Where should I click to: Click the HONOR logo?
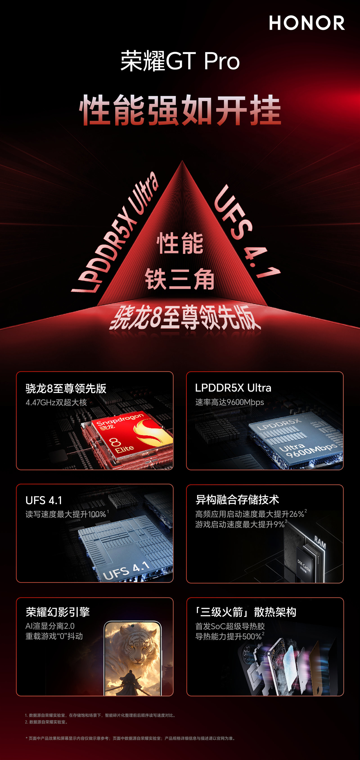pos(307,23)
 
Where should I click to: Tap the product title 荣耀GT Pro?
pos(180,61)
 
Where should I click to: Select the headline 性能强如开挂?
pos(180,110)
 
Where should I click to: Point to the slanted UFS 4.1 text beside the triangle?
pos(246,231)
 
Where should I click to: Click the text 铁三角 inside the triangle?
pos(180,279)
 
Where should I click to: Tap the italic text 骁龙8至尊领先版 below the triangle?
pos(185,318)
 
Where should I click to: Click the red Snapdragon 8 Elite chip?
pos(130,437)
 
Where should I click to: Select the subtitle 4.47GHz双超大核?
pos(56,402)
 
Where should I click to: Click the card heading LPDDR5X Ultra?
pos(233,388)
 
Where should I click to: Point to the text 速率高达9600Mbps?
pos(229,402)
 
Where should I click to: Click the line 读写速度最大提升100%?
pos(66,514)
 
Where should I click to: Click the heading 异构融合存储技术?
pos(237,499)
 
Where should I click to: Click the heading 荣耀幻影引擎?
pos(58,612)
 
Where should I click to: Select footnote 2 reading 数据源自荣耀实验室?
pos(46,722)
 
